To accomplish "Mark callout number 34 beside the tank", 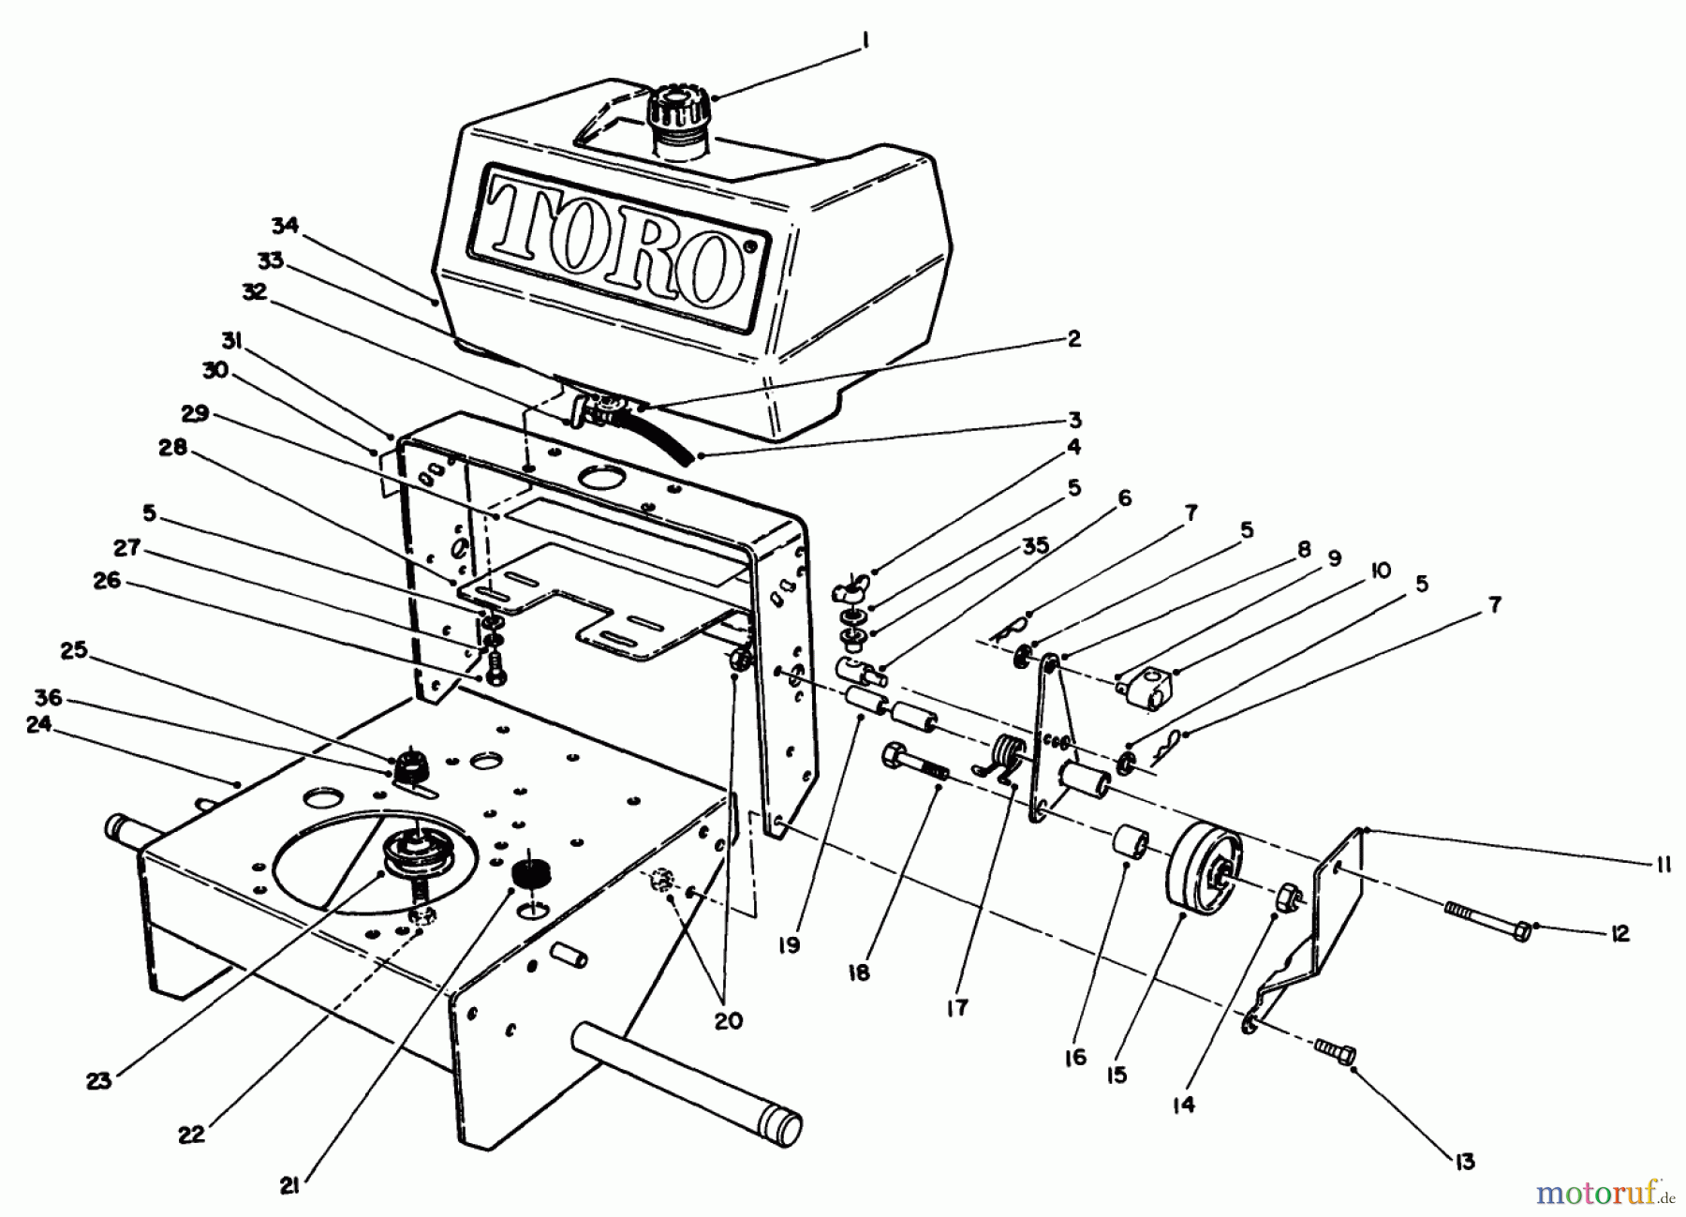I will [x=285, y=226].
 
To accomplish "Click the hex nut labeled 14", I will [x=1289, y=898].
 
